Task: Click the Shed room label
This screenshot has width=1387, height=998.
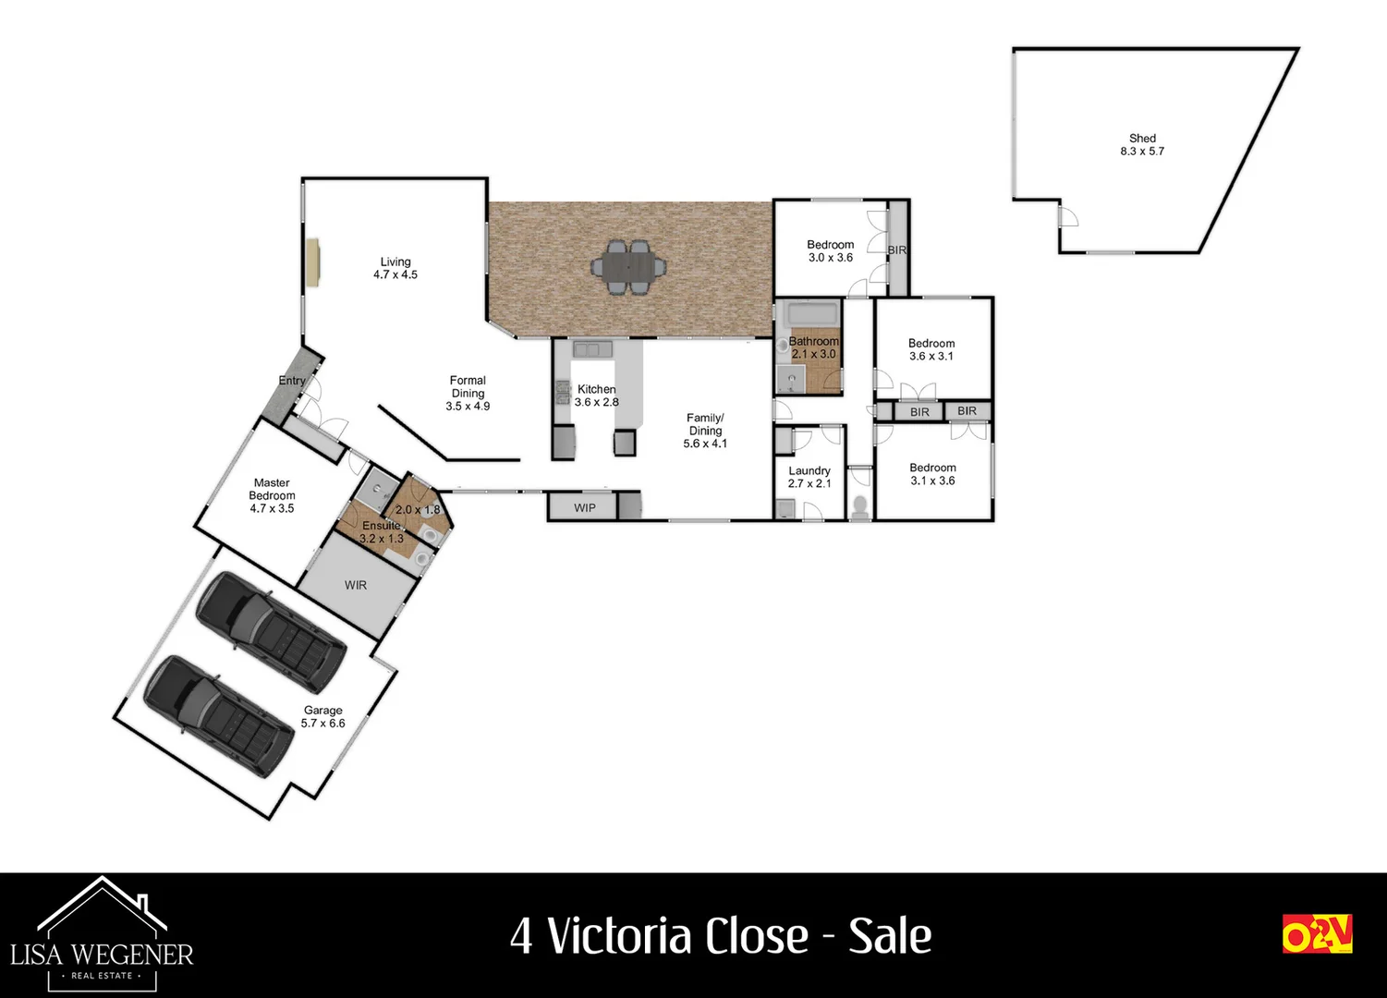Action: click(1142, 145)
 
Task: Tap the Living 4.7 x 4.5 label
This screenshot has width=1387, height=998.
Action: click(395, 268)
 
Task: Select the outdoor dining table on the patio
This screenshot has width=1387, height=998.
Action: click(628, 267)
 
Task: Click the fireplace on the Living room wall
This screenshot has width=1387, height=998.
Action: click(314, 263)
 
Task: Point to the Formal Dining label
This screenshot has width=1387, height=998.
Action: click(468, 393)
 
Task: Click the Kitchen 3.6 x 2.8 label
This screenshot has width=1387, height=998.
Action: click(596, 396)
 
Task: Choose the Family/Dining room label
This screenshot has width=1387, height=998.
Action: click(705, 431)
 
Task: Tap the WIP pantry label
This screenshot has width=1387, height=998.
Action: click(585, 507)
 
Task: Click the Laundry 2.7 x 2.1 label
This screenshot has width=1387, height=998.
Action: click(809, 477)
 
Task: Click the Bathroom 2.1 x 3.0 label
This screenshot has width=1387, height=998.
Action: click(813, 347)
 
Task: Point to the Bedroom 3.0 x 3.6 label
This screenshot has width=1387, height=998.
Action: click(831, 251)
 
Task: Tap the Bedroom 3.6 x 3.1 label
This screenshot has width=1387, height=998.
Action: click(931, 349)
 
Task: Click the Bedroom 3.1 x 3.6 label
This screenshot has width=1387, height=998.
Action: click(932, 474)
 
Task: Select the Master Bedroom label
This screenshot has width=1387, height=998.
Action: click(272, 495)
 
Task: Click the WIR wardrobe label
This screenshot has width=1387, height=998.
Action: click(356, 585)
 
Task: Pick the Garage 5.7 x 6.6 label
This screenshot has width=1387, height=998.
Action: click(323, 717)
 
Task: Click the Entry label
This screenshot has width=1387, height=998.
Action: click(292, 381)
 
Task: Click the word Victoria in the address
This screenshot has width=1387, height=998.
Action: click(678, 936)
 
